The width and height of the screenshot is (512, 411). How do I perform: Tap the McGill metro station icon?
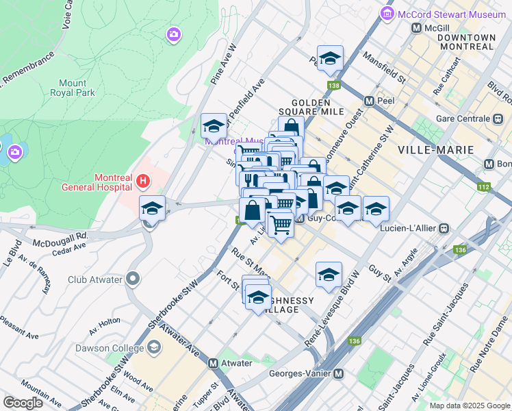415,27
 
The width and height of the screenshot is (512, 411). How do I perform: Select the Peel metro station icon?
370,101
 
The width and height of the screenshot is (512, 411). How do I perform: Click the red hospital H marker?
142,181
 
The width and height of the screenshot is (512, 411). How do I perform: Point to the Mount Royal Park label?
73,87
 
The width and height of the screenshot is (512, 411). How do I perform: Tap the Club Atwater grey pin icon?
133,279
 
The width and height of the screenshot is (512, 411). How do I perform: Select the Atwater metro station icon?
213,363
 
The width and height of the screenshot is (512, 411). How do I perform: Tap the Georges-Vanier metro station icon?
337,373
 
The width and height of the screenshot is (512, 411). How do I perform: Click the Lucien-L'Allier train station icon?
445,227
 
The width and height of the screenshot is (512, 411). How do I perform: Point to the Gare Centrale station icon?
498,119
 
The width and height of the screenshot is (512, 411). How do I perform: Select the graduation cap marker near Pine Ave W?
214,127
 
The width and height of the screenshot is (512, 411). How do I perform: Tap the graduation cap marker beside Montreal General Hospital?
152,209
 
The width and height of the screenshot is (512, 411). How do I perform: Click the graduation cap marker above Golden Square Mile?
329,60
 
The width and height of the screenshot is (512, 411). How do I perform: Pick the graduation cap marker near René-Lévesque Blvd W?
329,275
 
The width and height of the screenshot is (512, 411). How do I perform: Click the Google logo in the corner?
23,402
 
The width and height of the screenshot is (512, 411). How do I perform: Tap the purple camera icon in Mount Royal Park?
174,34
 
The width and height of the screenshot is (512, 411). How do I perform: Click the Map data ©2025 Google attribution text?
469,406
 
